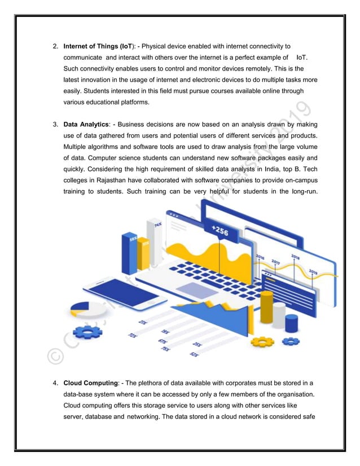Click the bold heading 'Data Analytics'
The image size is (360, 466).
point(86,124)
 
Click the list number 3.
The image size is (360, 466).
point(55,124)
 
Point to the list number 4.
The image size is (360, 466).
point(55,383)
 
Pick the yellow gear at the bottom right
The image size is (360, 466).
point(262,341)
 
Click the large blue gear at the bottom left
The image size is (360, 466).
point(87,332)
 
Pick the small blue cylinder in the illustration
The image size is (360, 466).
point(291,323)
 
